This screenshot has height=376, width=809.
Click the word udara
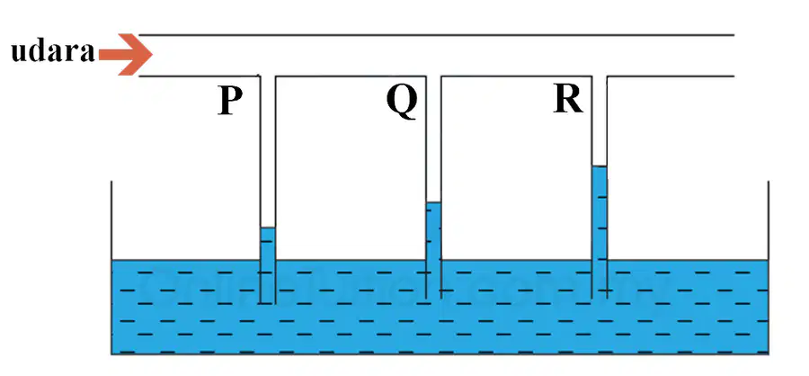[x=53, y=52]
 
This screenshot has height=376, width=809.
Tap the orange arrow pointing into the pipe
[x=125, y=54]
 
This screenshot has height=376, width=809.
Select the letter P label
[x=231, y=102]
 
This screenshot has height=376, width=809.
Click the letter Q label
[x=402, y=102]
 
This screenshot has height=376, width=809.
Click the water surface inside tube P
[x=268, y=228]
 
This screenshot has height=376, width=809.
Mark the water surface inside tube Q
[x=434, y=202]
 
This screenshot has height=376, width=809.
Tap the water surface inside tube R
[x=600, y=166]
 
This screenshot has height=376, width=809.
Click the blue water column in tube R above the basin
[x=600, y=213]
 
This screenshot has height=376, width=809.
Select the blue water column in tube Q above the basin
[x=434, y=231]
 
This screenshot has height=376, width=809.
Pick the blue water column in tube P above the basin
[x=268, y=244]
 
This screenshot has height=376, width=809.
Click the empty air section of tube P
[x=268, y=152]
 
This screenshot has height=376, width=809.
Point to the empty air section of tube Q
[x=434, y=139]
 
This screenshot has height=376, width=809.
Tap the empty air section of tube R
[x=600, y=121]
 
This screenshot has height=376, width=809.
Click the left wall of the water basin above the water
[x=111, y=220]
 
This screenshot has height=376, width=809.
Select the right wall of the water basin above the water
[x=769, y=220]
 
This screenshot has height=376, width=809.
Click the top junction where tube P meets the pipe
[x=268, y=76]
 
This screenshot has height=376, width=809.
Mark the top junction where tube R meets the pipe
[x=600, y=76]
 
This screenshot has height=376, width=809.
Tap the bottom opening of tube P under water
[x=268, y=303]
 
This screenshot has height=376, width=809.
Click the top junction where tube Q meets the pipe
[x=434, y=76]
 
